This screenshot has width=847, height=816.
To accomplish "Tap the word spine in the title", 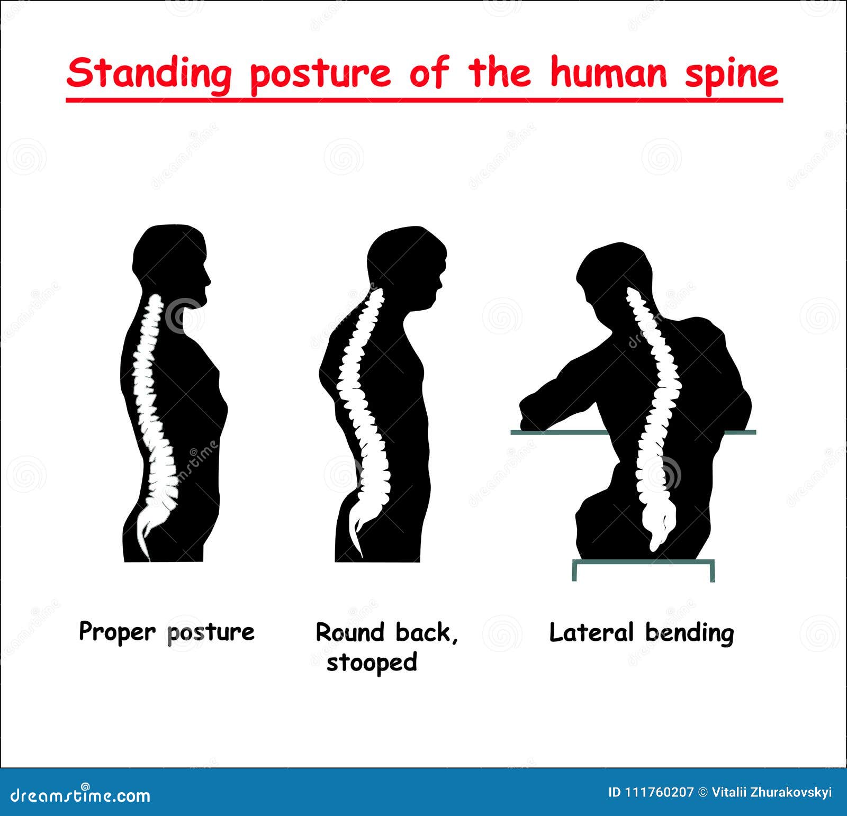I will point(732,74).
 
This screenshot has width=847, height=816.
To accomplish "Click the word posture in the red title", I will point(320,75).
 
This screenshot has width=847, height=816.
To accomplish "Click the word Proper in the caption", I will point(117,632).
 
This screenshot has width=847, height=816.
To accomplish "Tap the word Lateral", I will point(591,632).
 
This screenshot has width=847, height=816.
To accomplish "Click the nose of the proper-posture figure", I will point(209,279).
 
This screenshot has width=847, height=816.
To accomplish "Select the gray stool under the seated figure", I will point(643,564).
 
